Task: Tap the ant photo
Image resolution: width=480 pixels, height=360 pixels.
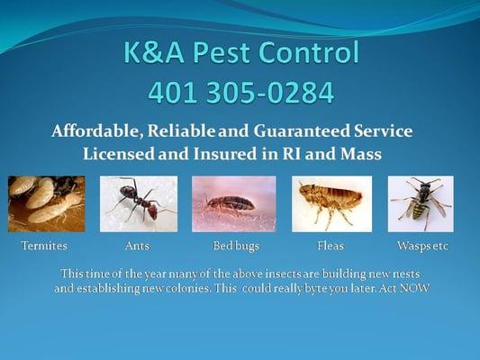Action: (x=138, y=204)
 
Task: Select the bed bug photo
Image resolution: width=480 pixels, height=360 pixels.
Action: (x=233, y=204)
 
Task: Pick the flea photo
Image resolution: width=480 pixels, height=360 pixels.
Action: (x=331, y=204)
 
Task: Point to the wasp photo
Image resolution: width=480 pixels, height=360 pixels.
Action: (x=421, y=204)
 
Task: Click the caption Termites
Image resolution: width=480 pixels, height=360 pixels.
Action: (x=44, y=246)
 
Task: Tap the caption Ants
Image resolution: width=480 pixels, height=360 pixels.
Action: (x=137, y=246)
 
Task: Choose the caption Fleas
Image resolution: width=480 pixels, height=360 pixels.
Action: (x=331, y=246)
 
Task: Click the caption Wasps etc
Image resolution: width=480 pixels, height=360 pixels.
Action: (x=422, y=246)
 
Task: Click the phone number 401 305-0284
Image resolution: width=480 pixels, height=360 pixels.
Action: (x=240, y=92)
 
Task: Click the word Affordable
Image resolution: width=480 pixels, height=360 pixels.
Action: (x=96, y=131)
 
